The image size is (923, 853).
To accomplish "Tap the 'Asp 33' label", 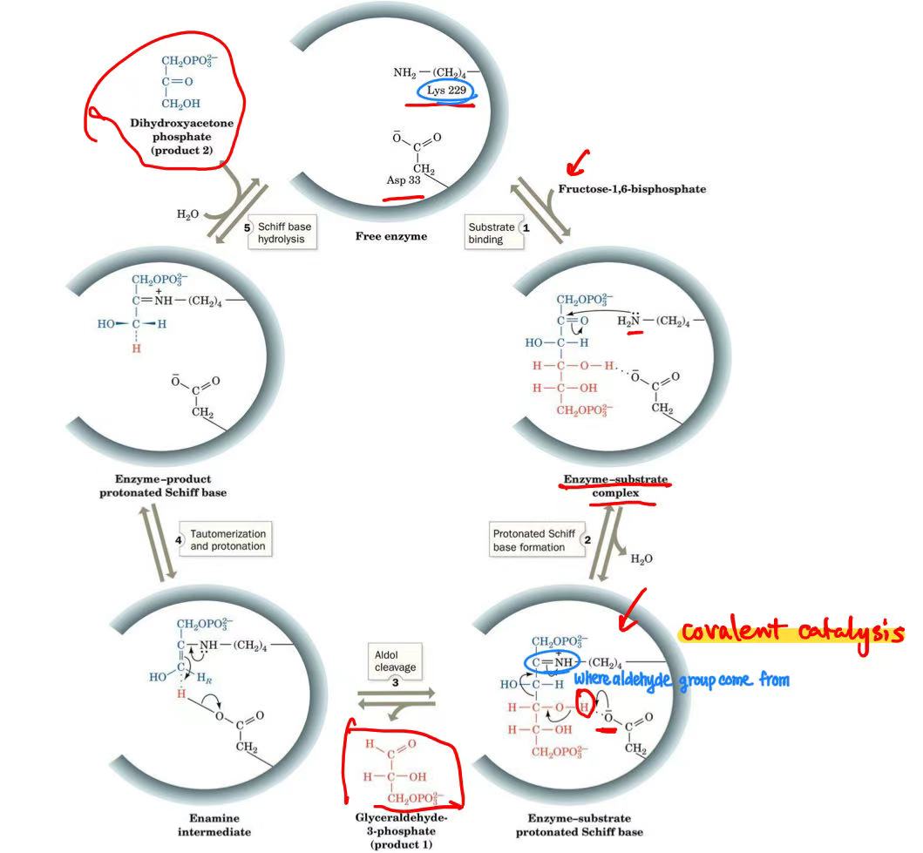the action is (x=403, y=180).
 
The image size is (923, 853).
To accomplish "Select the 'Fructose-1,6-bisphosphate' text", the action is (x=632, y=189).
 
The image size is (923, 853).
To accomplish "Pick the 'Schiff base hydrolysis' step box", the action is (x=282, y=232).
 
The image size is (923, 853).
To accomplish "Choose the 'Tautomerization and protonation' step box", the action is (x=227, y=539).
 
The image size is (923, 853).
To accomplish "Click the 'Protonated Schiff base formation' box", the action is (x=532, y=540).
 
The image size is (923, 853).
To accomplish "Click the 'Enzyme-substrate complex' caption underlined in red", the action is (x=615, y=486).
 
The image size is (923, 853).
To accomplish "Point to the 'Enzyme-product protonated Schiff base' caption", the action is (x=162, y=485).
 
